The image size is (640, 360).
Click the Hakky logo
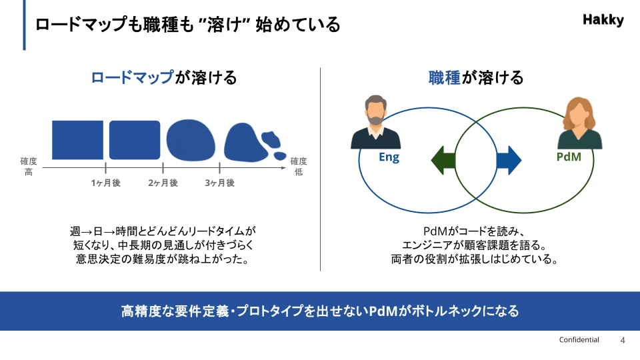pyautogui.click(x=603, y=19)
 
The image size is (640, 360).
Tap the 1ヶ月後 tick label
pyautogui.click(x=106, y=183)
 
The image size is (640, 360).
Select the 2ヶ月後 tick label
pyautogui.click(x=163, y=183)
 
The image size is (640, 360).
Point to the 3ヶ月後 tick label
pyautogui.click(x=219, y=183)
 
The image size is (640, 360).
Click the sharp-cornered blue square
pyautogui.click(x=77, y=140)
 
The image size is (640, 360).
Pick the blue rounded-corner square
pyautogui.click(x=135, y=140)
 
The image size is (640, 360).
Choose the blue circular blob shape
pyautogui.click(x=191, y=140)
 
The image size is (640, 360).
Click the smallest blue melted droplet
pyautogui.click(x=280, y=156)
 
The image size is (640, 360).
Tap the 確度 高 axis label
pyautogui.click(x=29, y=167)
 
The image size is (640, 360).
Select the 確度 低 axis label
pyautogui.click(x=299, y=167)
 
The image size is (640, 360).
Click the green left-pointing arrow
pyautogui.click(x=443, y=161)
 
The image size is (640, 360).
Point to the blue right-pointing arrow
pyautogui.click(x=509, y=161)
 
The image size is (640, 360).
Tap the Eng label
pyautogui.click(x=389, y=157)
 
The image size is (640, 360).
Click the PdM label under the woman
pyautogui.click(x=569, y=157)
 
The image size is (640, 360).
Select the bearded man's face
pyautogui.click(x=375, y=111)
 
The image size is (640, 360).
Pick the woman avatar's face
pyautogui.click(x=579, y=115)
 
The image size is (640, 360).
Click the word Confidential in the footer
pyautogui.click(x=579, y=339)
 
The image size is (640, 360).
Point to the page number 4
pyautogui.click(x=623, y=341)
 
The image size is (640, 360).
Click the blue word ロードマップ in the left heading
pyautogui.click(x=132, y=77)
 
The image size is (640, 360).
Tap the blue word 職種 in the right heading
pyautogui.click(x=445, y=77)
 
